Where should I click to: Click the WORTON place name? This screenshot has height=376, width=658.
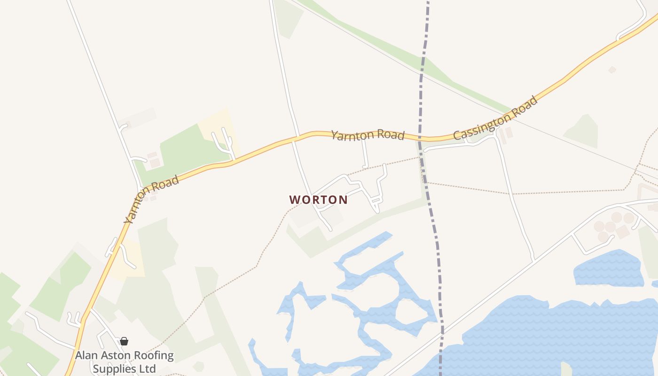(319, 200)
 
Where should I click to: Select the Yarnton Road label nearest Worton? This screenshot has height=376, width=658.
(368, 135)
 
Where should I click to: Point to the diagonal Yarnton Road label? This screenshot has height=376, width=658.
(151, 199)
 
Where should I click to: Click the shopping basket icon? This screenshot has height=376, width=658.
(124, 341)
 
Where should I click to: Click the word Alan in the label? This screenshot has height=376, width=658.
(87, 355)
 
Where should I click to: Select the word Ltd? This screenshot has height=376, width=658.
(147, 368)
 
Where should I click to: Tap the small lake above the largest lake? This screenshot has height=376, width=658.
(608, 269)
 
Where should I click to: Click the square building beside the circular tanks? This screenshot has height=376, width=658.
(623, 231)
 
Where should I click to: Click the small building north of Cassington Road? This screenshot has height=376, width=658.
(612, 70)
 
